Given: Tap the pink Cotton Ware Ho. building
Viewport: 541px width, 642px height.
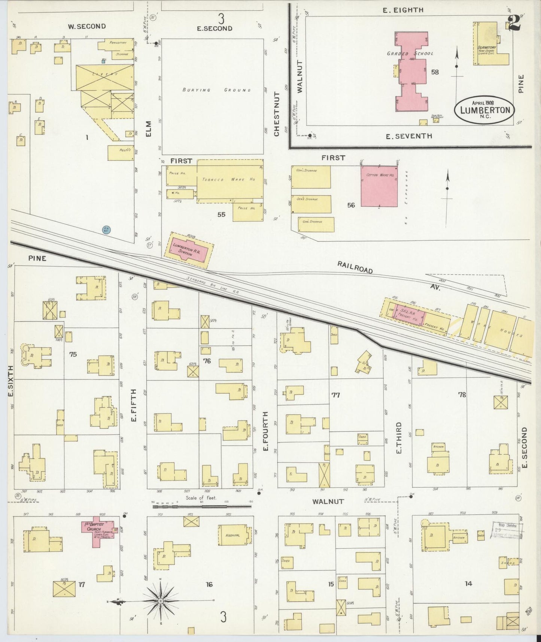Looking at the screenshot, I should [379, 186].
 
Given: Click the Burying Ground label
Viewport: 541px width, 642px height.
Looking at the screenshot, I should [216, 90].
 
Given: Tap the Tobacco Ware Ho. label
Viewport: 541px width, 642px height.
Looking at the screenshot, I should [229, 180].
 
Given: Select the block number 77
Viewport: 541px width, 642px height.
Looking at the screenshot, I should [336, 395].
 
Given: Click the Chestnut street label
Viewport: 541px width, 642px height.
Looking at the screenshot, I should [277, 114].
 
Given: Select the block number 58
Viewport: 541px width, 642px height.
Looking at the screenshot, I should [435, 72].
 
